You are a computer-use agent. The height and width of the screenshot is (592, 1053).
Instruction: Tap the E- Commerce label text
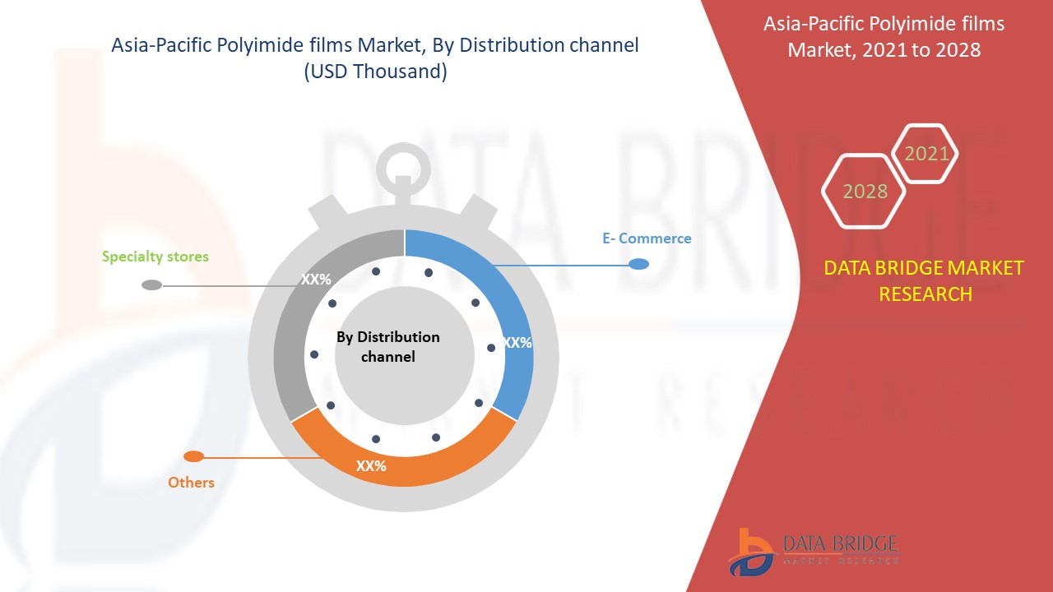[647, 238]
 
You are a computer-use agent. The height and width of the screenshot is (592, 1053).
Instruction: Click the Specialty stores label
[155, 257]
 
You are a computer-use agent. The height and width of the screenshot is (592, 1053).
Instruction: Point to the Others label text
[191, 483]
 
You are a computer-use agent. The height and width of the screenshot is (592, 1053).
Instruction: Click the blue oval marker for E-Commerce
[639, 264]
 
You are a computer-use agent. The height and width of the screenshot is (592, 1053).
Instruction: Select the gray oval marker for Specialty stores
[152, 284]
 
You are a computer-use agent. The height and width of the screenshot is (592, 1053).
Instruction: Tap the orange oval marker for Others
[193, 456]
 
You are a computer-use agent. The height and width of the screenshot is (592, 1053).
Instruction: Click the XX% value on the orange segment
[371, 466]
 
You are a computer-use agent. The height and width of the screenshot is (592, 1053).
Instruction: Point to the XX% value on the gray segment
[316, 280]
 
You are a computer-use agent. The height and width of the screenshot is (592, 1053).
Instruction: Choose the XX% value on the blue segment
[517, 343]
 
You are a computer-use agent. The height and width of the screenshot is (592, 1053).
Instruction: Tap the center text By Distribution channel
[388, 347]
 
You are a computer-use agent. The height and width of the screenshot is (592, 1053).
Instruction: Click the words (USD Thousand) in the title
[376, 72]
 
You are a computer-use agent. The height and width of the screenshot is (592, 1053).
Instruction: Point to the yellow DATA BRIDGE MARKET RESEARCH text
[924, 281]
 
